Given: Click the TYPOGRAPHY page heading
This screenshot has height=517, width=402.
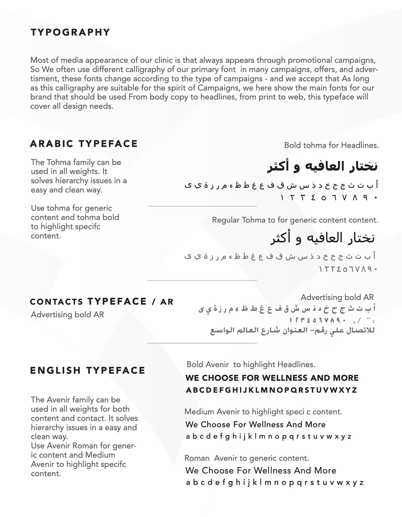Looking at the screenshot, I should (70, 32).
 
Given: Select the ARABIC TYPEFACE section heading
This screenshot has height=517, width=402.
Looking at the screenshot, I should (84, 144).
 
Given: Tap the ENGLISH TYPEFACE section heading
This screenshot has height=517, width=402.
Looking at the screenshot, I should (88, 371).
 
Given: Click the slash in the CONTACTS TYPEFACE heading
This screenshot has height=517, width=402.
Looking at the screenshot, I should (154, 302).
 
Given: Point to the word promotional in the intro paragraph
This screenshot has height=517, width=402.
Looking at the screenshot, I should (309, 60).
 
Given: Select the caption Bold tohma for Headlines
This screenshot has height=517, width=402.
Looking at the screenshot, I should (331, 145).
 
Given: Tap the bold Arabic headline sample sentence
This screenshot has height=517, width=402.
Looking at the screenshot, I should (322, 166).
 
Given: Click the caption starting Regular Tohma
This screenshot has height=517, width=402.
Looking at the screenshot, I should (295, 220).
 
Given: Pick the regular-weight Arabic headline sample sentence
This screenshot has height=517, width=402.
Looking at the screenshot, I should (322, 238).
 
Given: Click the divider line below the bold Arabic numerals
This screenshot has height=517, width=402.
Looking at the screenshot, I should (202, 206).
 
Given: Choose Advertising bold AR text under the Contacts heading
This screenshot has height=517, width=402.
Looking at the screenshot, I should (67, 315).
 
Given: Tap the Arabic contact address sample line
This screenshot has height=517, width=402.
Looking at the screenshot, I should (292, 331).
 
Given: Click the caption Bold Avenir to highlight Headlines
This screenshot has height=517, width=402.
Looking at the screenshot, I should (251, 364).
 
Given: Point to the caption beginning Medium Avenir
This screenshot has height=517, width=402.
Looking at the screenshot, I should (263, 412).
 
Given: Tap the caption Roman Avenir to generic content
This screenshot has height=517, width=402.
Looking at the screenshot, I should (246, 458).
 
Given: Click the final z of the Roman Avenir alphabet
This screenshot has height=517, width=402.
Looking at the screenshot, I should (362, 483).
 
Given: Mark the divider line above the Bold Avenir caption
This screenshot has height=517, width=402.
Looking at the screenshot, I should (202, 343).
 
